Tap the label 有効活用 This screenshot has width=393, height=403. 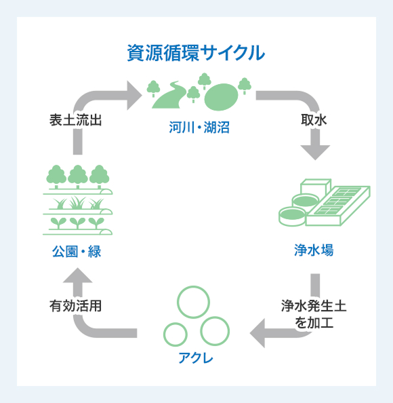(75, 306)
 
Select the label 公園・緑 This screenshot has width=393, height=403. (76, 252)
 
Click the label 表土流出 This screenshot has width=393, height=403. (75, 120)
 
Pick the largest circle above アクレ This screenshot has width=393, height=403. (194, 301)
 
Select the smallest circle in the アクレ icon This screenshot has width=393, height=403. (175, 334)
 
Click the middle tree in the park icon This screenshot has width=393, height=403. (78, 176)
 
